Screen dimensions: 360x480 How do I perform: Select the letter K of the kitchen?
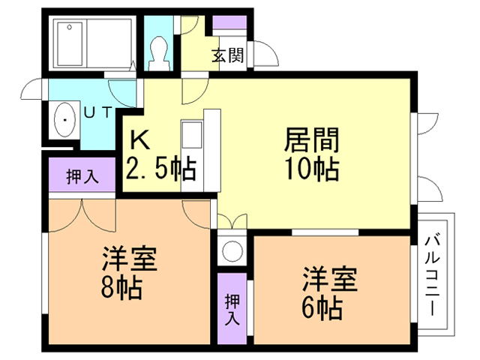click(139, 139)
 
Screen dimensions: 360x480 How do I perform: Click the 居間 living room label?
click(310, 140)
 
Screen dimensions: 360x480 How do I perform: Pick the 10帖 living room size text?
click(310, 169)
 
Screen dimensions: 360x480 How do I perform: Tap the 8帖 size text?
click(121, 287)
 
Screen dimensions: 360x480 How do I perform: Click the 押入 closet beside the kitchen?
click(82, 177)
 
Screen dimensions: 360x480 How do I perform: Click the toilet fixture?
click(158, 48)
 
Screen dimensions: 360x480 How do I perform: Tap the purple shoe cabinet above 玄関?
click(227, 22)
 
